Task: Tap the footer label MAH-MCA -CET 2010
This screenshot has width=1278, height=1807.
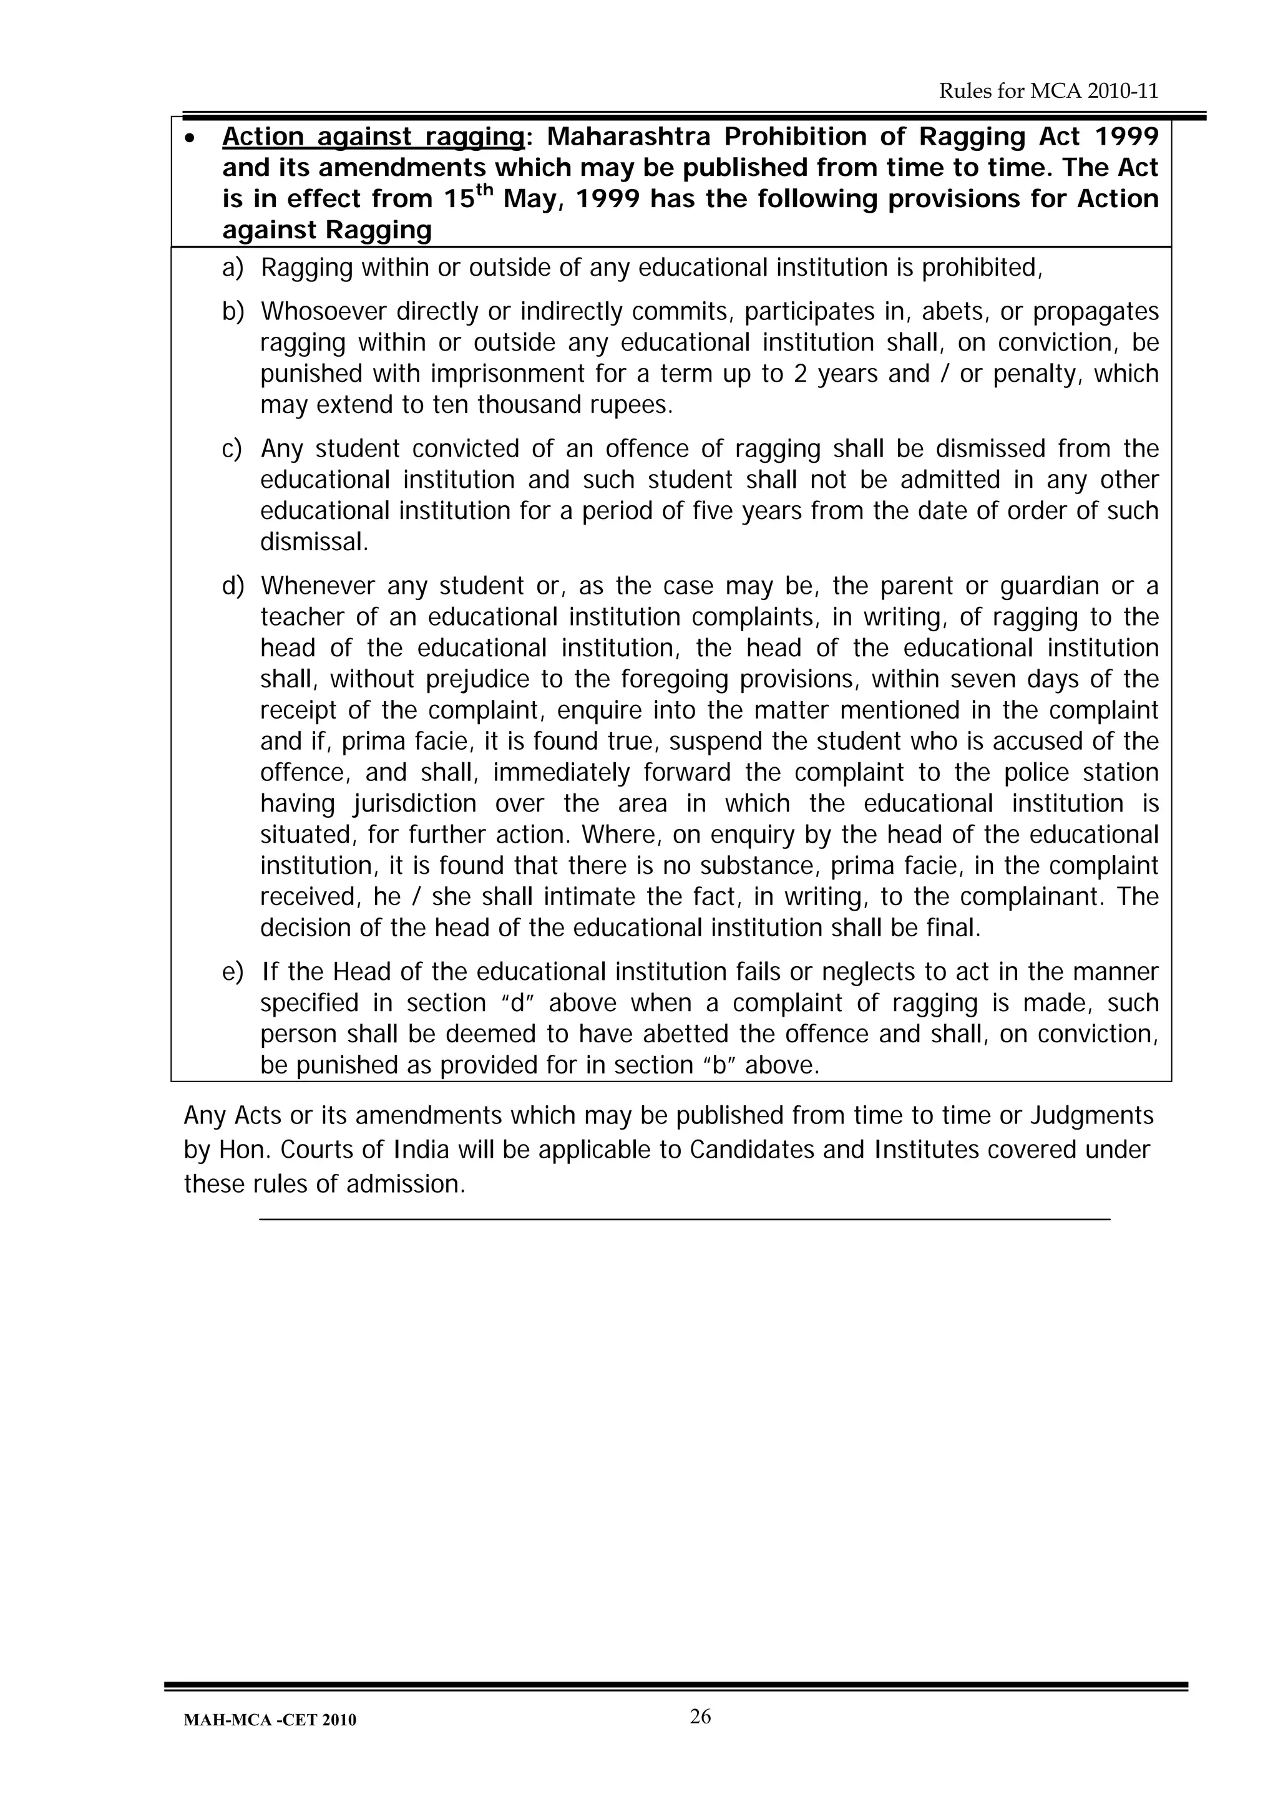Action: [x=270, y=1720]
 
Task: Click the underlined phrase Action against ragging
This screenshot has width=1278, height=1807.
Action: [x=373, y=137]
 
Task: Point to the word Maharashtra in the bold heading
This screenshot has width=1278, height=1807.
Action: [x=629, y=137]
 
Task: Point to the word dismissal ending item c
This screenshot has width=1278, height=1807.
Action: [x=313, y=542]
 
